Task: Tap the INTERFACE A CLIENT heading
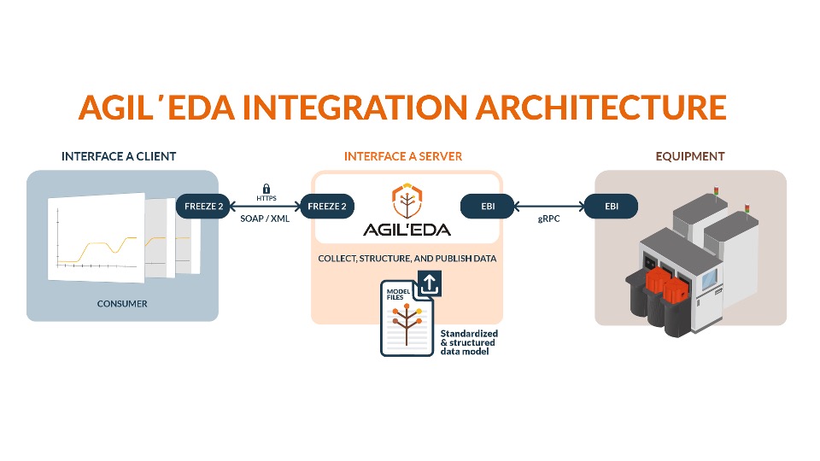[119, 156]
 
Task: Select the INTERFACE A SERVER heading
[403, 156]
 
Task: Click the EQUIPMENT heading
[690, 156]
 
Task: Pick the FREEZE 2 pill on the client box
[202, 206]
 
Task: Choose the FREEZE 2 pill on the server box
[326, 206]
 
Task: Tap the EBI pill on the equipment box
[611, 206]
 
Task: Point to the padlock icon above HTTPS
[266, 188]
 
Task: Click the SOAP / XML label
[266, 219]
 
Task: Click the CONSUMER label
[122, 303]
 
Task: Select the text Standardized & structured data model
[468, 341]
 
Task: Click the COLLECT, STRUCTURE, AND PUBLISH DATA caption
[407, 258]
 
